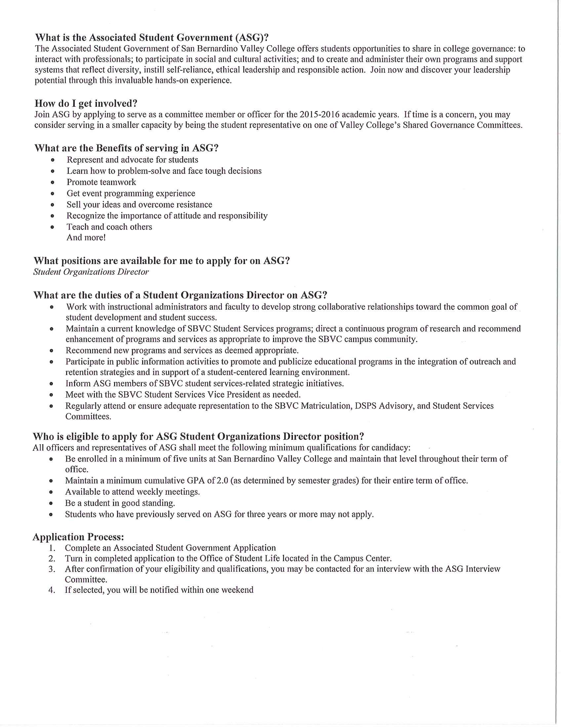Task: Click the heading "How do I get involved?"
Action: pyautogui.click(x=86, y=103)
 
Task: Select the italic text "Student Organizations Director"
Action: pyautogui.click(x=91, y=272)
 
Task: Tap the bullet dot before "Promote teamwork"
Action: pyautogui.click(x=52, y=182)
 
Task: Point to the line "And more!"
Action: pyautogui.click(x=86, y=237)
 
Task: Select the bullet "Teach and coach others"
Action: pyautogui.click(x=109, y=227)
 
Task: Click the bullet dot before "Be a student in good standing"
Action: pyautogui.click(x=51, y=503)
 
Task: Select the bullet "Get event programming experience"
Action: pyautogui.click(x=131, y=193)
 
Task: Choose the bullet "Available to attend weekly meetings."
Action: pyautogui.click(x=133, y=492)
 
